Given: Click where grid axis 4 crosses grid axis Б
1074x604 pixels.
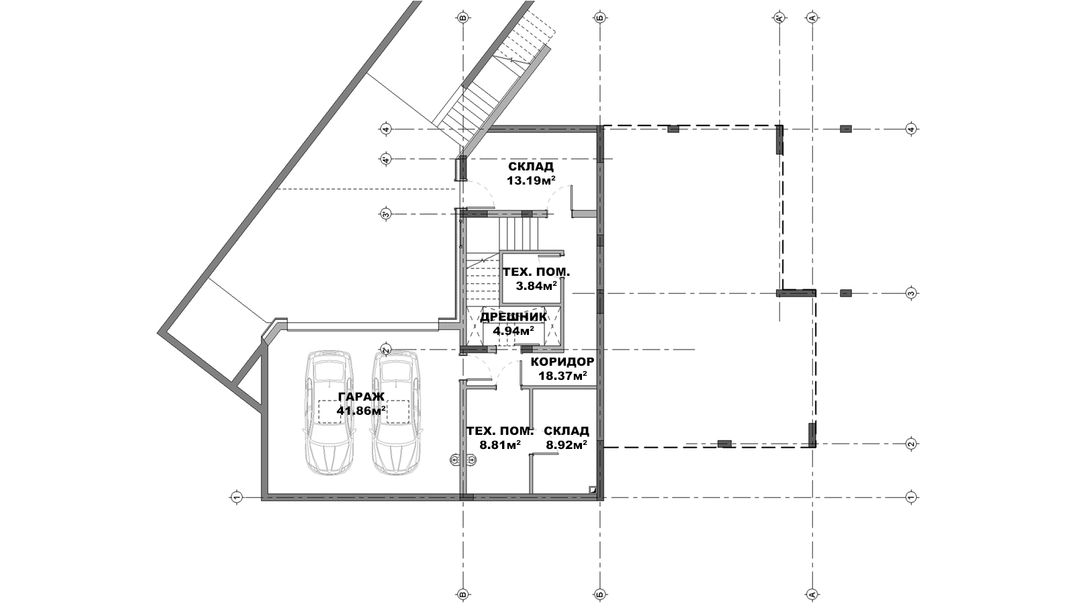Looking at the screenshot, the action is (600, 129).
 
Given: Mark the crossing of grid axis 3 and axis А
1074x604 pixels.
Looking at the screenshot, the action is (812, 293).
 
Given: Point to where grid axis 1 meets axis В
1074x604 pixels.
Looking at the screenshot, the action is (462, 497).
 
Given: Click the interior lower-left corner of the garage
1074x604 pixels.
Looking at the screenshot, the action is (268, 493).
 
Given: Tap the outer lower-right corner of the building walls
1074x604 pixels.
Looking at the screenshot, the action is (603, 501).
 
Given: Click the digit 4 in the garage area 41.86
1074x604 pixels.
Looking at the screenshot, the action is (340, 411).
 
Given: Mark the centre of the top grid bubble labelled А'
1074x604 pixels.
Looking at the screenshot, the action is (779, 19).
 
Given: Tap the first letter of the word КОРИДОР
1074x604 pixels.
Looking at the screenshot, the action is (534, 362).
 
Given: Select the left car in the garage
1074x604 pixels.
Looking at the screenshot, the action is (330, 413).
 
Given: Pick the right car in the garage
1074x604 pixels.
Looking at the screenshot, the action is (397, 413).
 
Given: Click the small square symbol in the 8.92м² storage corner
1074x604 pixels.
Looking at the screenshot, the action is (593, 490).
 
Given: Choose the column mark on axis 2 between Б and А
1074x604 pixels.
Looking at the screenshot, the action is (724, 444).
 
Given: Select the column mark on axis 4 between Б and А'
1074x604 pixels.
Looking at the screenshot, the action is (673, 129).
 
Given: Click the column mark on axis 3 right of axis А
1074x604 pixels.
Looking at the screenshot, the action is (846, 293).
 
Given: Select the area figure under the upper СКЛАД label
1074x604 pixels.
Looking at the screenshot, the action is (531, 181).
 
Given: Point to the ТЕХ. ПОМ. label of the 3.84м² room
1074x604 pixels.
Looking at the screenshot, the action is (536, 272).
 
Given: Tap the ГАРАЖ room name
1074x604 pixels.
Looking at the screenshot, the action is (362, 397).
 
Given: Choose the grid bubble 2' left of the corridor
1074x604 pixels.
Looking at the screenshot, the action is (386, 350).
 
